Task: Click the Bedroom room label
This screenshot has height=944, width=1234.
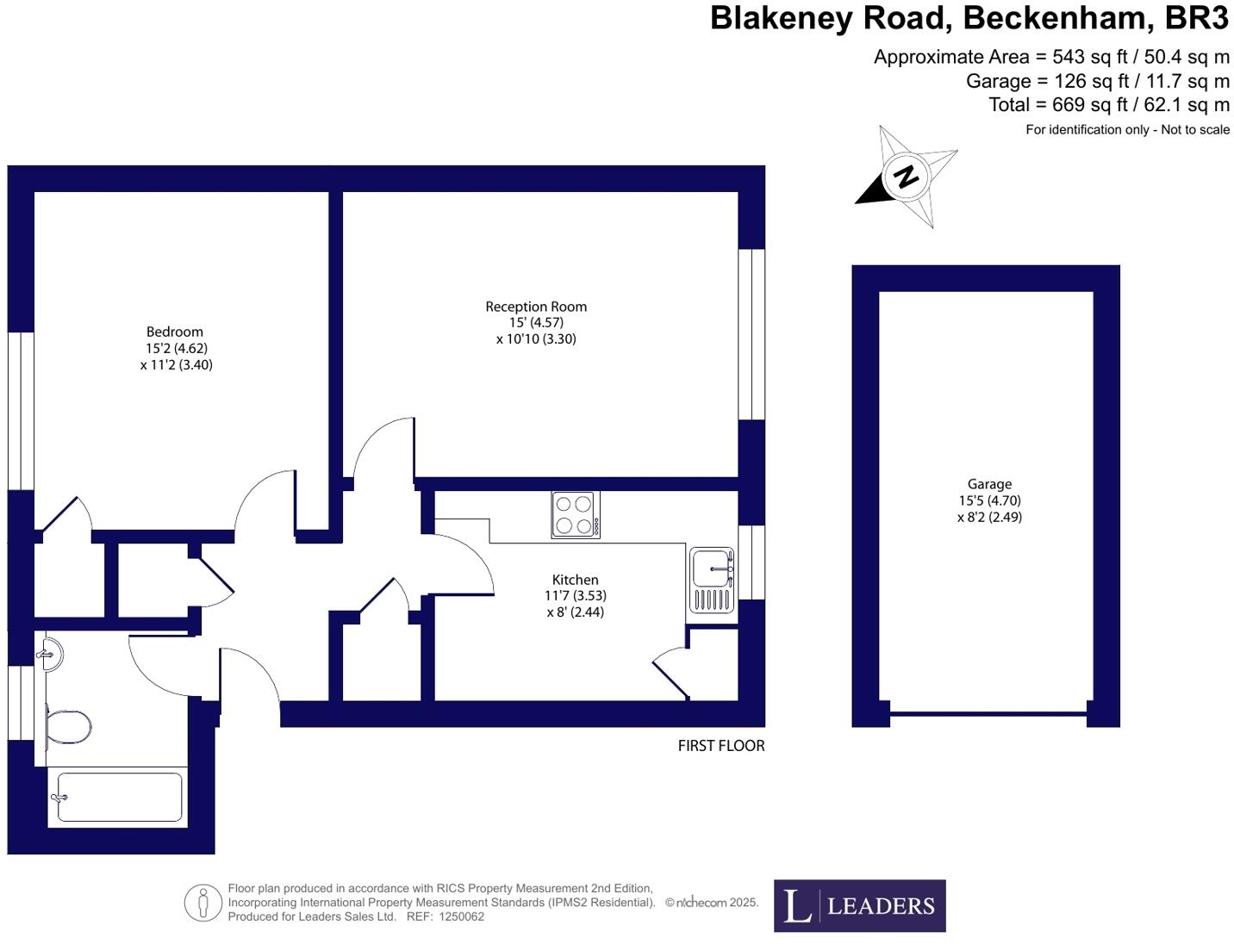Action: pos(175,332)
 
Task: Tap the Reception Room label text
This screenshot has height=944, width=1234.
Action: pos(536,307)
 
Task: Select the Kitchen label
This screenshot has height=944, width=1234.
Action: pos(575,580)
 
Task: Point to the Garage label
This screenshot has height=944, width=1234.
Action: pos(989,484)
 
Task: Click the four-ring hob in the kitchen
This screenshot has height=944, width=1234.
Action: pos(575,515)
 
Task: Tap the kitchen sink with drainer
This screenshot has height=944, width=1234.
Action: pos(711,580)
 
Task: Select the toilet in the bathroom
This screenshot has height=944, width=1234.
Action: pos(68,727)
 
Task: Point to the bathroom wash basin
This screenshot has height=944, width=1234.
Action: pos(52,655)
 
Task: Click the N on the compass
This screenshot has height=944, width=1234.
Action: pos(905,177)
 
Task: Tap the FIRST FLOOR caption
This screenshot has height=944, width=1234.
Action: pos(720,746)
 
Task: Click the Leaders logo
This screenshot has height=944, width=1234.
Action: pos(860,906)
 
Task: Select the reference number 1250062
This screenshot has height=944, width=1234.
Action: pos(461,916)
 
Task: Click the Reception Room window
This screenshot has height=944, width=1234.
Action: pos(751,334)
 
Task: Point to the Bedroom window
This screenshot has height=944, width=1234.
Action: pos(21,411)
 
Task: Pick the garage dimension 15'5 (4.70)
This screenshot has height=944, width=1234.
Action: pos(989,500)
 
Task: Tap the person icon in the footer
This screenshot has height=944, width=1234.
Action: pos(203,903)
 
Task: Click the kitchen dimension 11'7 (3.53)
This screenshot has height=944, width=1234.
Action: pos(575,596)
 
